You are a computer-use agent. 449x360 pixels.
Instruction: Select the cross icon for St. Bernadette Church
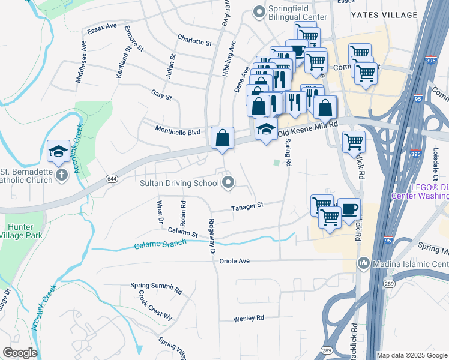coord(61,175)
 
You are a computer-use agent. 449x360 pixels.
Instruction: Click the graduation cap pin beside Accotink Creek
coord(58,151)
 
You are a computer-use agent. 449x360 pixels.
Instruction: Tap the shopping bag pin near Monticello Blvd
coord(222,138)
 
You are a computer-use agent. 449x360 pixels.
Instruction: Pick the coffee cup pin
coord(349,209)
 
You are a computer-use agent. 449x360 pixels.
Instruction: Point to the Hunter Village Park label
coord(21,231)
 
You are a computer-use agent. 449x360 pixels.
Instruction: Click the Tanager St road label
coord(248,208)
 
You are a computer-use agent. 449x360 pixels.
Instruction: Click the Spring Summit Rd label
coord(156,287)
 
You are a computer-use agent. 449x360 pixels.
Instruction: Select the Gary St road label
coord(161,96)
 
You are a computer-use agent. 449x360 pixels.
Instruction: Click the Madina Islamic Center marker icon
coord(363,263)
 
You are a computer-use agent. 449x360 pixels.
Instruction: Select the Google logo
coord(19,353)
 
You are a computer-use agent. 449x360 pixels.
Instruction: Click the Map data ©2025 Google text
coord(411,355)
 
